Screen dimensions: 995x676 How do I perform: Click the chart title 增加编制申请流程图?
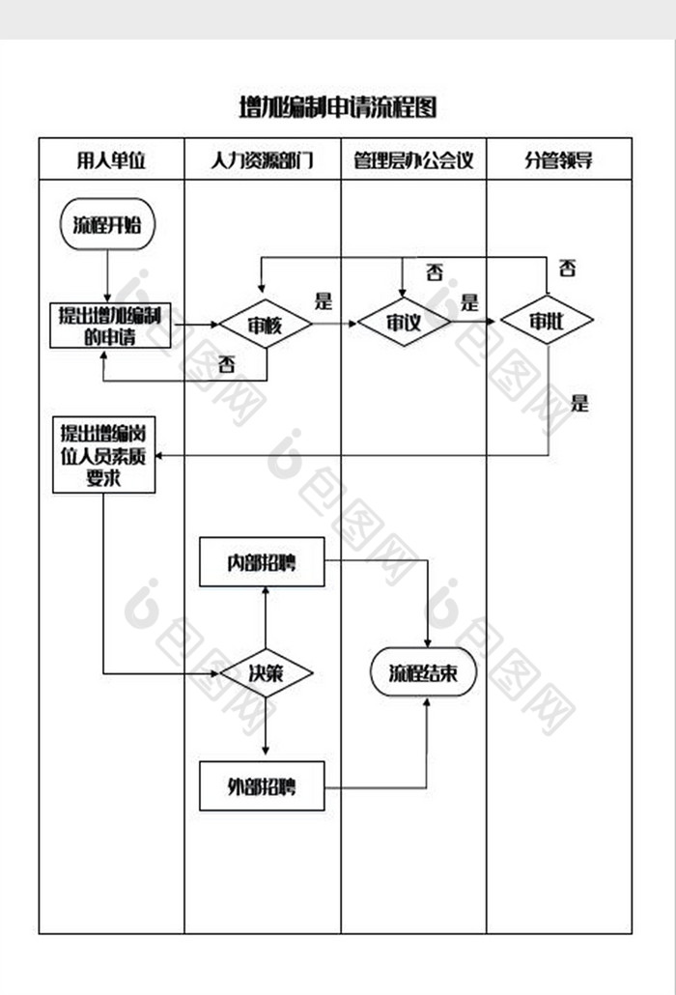[x=337, y=107]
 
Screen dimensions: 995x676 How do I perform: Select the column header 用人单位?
[x=111, y=159]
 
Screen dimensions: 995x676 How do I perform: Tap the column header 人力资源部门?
[x=262, y=159]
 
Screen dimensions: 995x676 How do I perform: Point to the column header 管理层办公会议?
[x=413, y=159]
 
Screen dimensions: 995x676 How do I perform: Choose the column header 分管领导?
[x=558, y=159]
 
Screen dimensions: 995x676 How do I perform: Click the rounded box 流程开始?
[x=107, y=225]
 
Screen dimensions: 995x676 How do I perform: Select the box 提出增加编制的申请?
[x=110, y=326]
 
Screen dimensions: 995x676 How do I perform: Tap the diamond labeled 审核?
[x=265, y=326]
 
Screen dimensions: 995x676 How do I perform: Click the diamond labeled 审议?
[x=404, y=323]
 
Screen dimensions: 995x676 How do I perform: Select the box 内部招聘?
[x=262, y=562]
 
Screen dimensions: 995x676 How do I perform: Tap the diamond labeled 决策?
[x=266, y=674]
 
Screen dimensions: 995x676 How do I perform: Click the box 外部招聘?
[x=262, y=786]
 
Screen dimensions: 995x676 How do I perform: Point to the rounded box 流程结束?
[x=424, y=674]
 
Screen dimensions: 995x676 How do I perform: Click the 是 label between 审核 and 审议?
[x=324, y=300]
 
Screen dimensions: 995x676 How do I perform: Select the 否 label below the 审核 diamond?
[x=228, y=364]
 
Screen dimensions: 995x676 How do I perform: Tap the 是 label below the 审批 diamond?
[x=579, y=403]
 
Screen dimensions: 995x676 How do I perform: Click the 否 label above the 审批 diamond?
[x=568, y=268]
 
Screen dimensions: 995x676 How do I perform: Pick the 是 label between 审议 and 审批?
[x=469, y=301]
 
